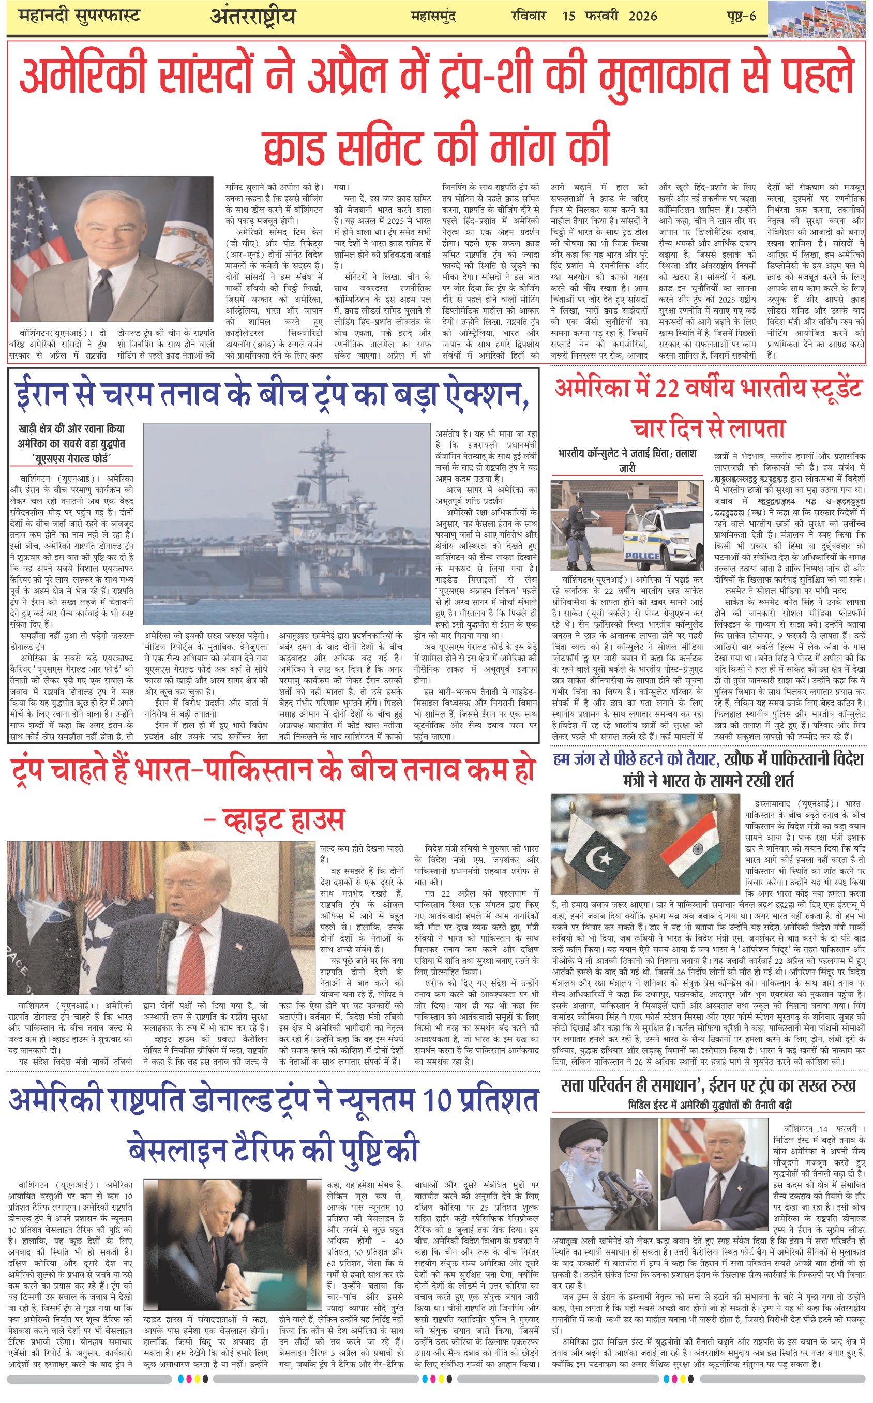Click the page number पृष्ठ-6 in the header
click(x=741, y=16)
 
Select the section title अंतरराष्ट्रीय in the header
click(x=253, y=16)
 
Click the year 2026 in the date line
click(x=643, y=16)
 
